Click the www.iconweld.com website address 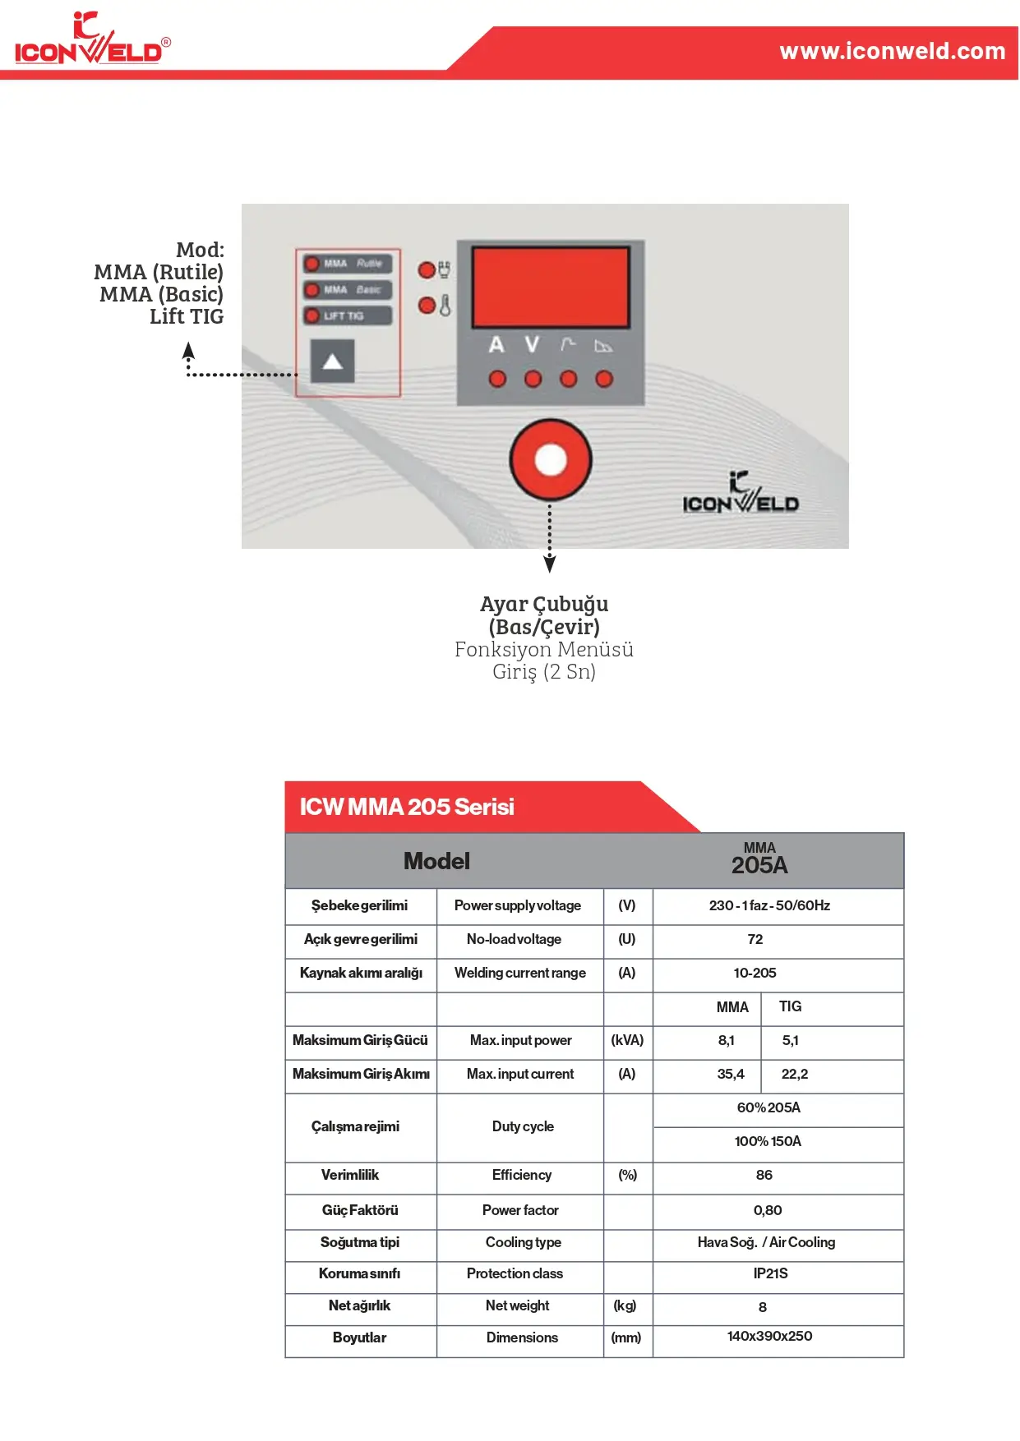(x=892, y=51)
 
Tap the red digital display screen (x=550, y=287)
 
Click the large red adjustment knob (x=550, y=460)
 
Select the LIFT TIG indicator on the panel (x=346, y=315)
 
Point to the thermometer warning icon (x=445, y=306)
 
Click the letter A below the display (x=496, y=345)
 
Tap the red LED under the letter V (x=533, y=379)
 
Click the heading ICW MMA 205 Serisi (x=407, y=807)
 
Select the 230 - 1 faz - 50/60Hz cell (x=769, y=905)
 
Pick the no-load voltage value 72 (x=755, y=939)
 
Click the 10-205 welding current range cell (x=755, y=973)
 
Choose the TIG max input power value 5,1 (x=790, y=1040)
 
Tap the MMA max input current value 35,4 (x=730, y=1074)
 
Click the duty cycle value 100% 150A (x=768, y=1141)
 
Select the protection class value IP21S (x=770, y=1273)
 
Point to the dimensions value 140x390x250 (x=769, y=1337)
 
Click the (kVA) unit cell (x=627, y=1040)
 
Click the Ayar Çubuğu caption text (x=544, y=605)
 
